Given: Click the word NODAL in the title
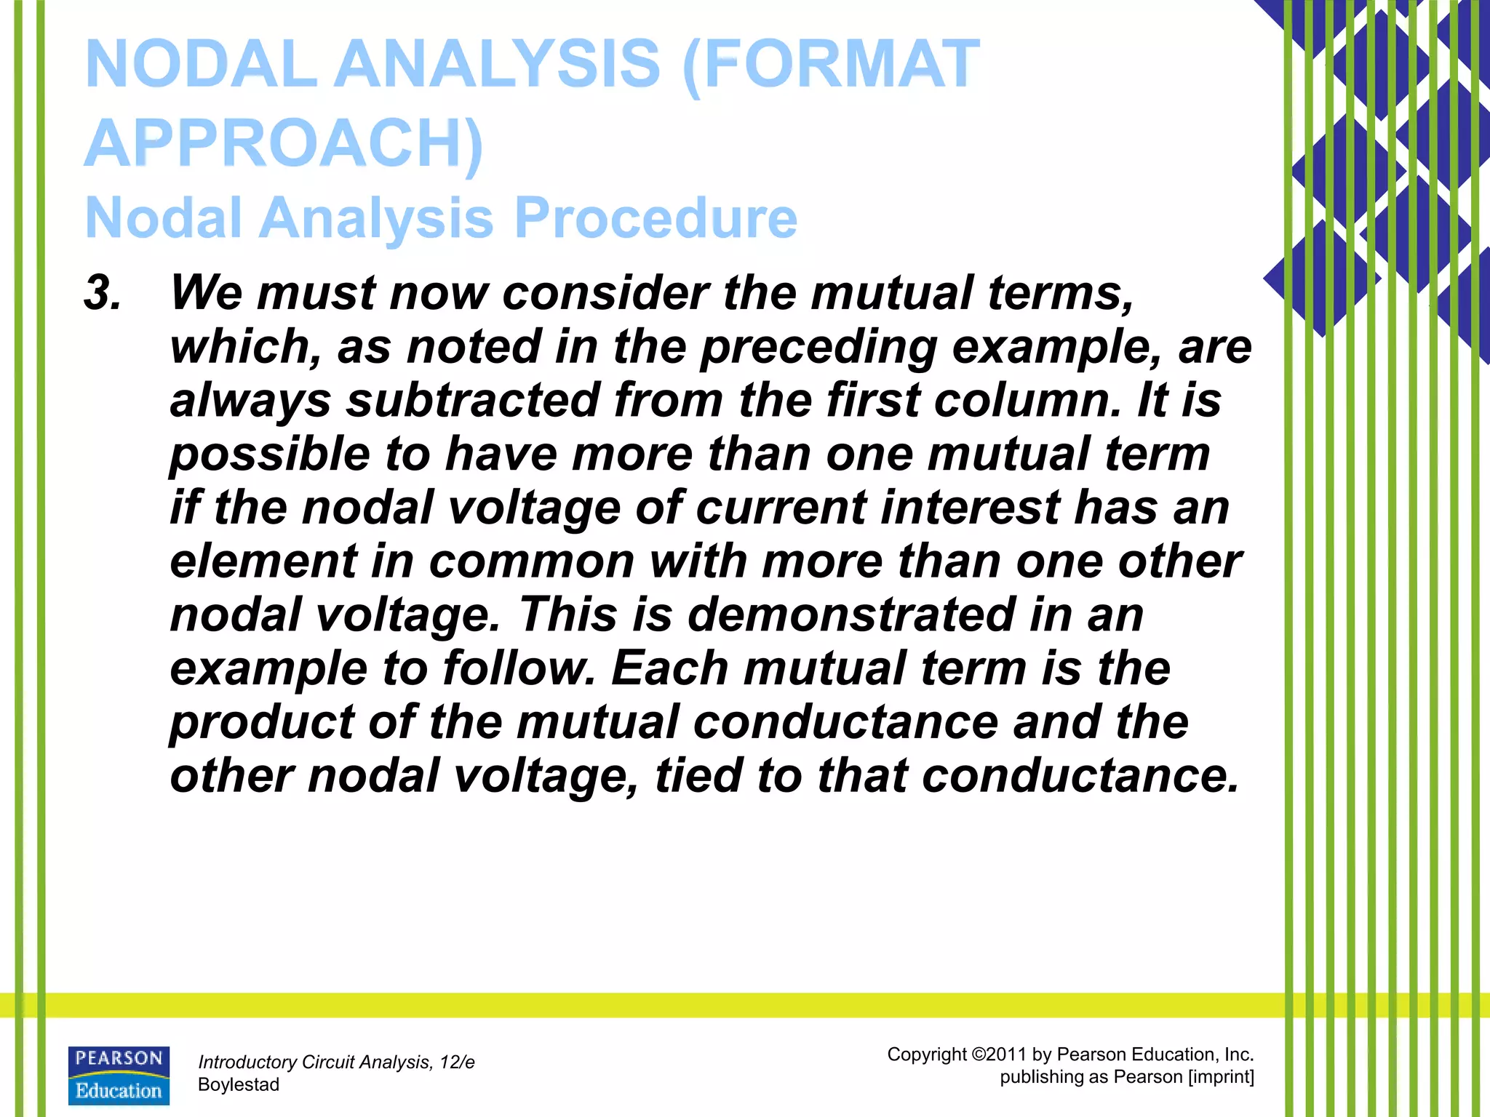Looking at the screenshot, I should coord(201,64).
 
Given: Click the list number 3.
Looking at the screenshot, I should coord(103,293).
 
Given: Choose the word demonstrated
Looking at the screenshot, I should coord(850,614).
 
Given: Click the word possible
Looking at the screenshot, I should coord(270,454).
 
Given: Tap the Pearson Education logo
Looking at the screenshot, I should coord(119,1076).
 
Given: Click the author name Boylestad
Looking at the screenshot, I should coord(239,1085).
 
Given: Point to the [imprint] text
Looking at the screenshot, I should coord(1221,1077).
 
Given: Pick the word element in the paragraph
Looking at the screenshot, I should coord(263,561).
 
